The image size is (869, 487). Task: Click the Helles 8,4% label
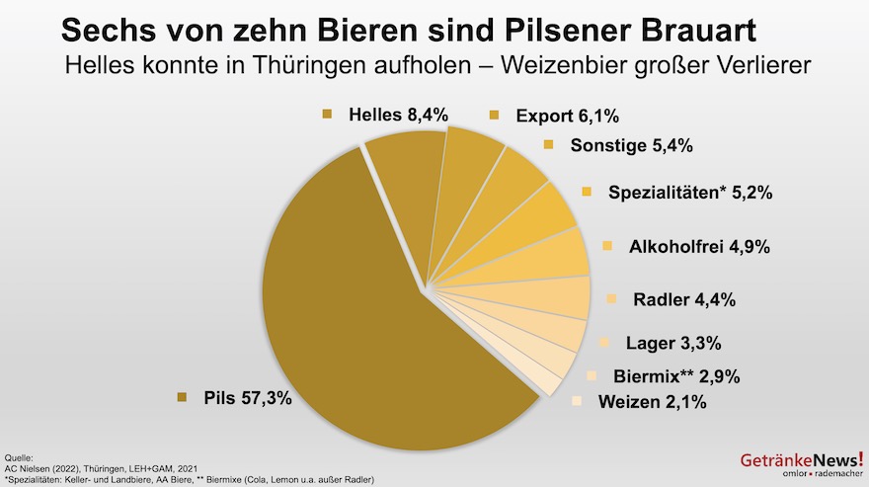click(398, 115)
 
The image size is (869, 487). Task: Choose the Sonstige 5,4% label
click(631, 146)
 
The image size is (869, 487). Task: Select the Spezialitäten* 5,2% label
click(690, 193)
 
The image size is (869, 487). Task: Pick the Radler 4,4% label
click(683, 299)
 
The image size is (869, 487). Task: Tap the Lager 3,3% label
click(673, 344)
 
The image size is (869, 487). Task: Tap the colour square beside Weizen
click(578, 401)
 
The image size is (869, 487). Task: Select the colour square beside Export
click(495, 116)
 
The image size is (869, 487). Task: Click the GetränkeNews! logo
click(800, 462)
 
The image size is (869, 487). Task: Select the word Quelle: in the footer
click(19, 458)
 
